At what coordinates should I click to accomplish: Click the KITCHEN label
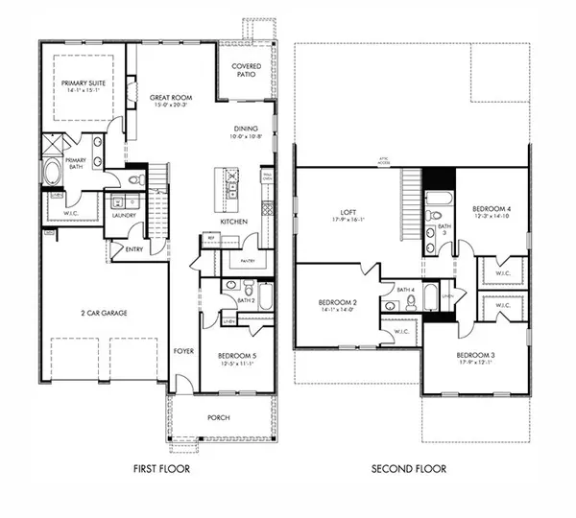[x=235, y=222]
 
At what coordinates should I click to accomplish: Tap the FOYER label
[x=183, y=351]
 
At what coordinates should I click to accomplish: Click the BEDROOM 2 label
[x=337, y=303]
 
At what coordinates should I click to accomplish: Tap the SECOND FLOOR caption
[x=409, y=469]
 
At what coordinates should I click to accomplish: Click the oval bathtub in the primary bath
[x=52, y=174]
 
